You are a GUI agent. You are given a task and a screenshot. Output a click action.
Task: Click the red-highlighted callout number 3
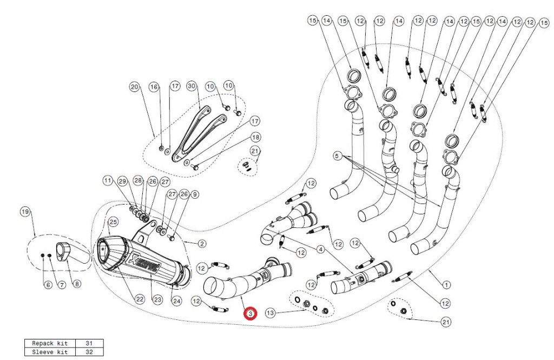250,313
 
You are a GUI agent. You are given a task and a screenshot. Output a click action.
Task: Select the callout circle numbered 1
446,284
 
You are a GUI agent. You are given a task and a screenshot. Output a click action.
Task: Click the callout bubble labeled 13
271,312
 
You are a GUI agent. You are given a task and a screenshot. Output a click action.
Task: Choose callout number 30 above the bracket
190,86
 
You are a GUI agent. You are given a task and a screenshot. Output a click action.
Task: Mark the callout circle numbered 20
134,86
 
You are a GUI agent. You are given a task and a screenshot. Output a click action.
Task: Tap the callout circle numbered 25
113,222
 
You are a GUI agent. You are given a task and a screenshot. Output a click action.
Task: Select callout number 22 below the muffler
140,299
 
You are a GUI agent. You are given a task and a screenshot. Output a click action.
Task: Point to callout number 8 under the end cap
76,284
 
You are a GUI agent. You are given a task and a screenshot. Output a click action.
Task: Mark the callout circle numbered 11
108,180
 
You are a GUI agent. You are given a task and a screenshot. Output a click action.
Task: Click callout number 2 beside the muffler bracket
201,244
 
